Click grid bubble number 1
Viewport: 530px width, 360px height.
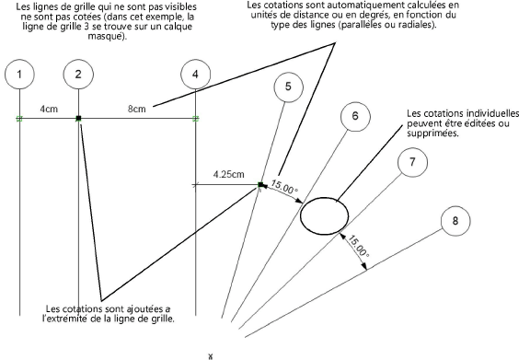tap(19, 75)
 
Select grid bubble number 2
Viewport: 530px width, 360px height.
tap(78, 75)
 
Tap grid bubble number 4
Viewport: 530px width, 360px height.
tap(196, 75)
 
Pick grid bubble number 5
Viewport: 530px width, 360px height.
tap(288, 87)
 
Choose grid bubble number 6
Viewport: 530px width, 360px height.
tap(355, 116)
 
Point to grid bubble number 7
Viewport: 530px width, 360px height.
tap(412, 162)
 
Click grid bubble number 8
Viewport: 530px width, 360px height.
tap(455, 221)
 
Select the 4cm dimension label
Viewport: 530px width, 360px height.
tap(49, 109)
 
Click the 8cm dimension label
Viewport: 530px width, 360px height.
tap(137, 109)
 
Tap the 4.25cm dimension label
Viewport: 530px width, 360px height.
tap(228, 175)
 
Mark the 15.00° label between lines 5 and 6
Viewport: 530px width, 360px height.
tap(284, 187)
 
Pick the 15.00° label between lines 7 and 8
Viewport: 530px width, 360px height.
tap(358, 247)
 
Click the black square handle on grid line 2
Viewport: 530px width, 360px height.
tap(79, 119)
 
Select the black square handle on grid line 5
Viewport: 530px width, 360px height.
tap(260, 185)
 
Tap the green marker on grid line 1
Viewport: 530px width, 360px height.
tap(19, 119)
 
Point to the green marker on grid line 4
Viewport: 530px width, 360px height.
tap(196, 119)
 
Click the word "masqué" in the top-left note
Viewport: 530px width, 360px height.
tap(107, 36)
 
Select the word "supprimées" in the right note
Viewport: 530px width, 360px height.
tap(433, 134)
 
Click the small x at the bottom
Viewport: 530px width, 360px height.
tap(211, 356)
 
